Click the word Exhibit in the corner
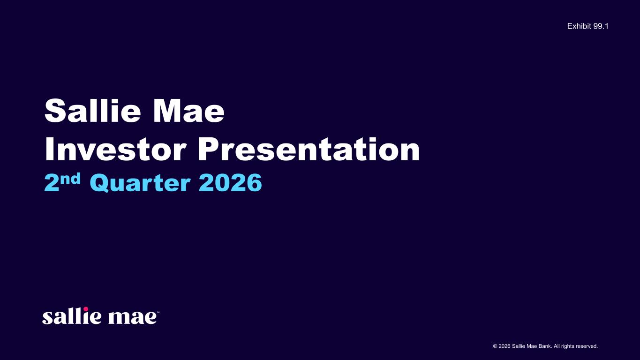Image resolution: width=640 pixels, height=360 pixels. point(579,26)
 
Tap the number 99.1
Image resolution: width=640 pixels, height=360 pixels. point(601,26)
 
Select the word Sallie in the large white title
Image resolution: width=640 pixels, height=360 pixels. point(93,111)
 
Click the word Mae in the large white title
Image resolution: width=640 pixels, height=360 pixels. point(189,111)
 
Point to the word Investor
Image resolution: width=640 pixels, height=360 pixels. point(116,149)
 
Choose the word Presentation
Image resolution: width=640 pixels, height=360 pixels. point(309,149)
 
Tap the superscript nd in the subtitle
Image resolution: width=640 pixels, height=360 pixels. point(70,179)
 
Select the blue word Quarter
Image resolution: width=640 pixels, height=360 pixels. point(140,183)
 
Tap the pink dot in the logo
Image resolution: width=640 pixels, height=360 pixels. point(85,309)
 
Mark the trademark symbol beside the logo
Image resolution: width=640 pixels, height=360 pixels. point(158,312)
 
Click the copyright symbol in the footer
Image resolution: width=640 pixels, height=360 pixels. point(495,346)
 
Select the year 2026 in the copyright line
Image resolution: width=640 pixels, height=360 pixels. point(504,346)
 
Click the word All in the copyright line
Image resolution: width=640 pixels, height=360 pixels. point(557,346)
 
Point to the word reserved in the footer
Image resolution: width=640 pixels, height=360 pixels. point(587,346)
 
